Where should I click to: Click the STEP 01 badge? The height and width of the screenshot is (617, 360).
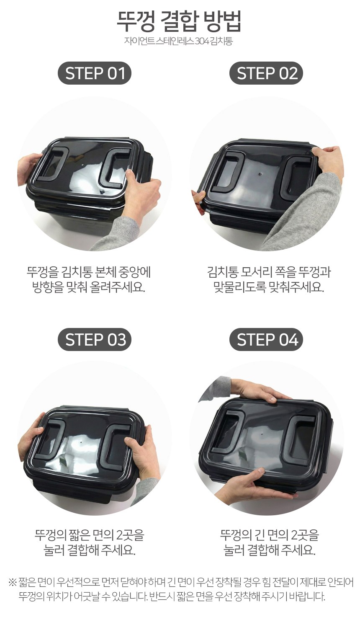(x=95, y=73)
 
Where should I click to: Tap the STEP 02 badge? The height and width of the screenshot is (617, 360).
(x=266, y=73)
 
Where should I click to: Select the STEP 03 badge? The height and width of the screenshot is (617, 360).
(x=95, y=339)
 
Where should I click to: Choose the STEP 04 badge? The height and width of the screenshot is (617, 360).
(x=266, y=339)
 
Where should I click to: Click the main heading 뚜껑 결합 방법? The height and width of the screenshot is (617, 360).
(x=179, y=22)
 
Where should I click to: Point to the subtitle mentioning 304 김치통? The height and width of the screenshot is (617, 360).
(x=178, y=41)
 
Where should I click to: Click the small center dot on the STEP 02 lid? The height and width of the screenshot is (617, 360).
(x=260, y=174)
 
